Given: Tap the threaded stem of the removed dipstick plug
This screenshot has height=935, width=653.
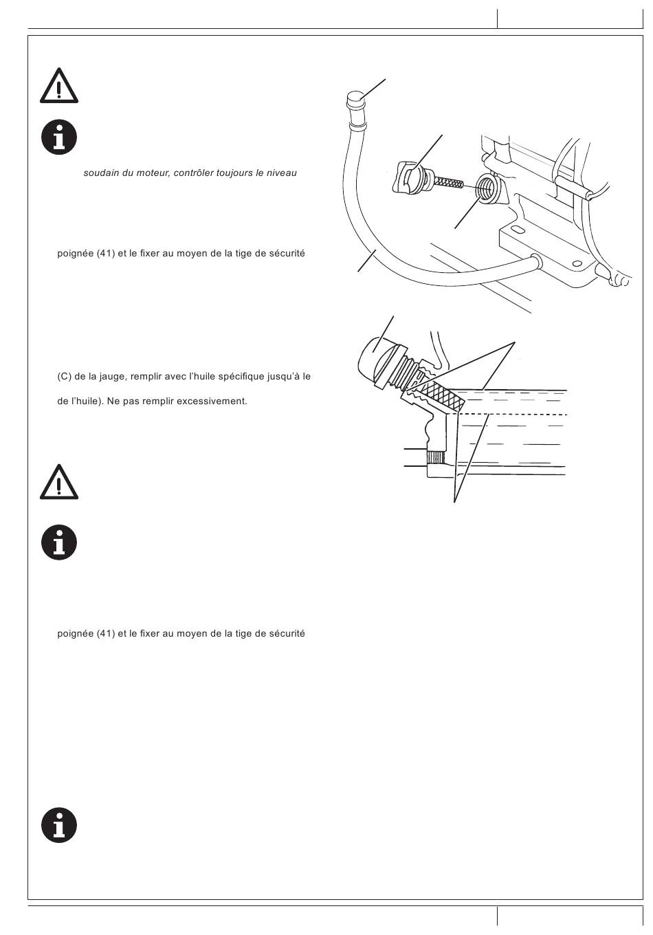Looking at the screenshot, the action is pyautogui.click(x=449, y=181).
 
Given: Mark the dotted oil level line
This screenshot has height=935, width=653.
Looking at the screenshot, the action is pyautogui.click(x=513, y=414).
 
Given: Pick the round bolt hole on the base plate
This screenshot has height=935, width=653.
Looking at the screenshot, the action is pyautogui.click(x=577, y=263).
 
